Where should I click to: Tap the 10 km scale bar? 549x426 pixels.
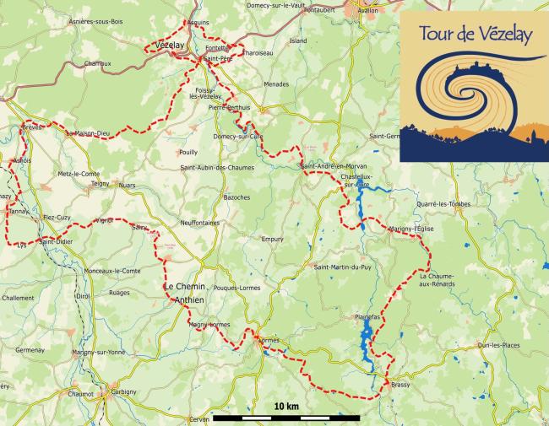(x=286, y=417)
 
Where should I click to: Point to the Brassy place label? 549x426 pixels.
(x=400, y=386)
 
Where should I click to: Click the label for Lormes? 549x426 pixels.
(x=266, y=340)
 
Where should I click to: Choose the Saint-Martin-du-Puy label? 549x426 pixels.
(x=342, y=268)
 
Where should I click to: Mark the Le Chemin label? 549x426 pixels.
(x=185, y=287)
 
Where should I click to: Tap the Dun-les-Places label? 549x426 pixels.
(x=498, y=345)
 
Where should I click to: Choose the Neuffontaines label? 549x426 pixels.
(x=199, y=223)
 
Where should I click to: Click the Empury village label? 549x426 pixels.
(x=272, y=239)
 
